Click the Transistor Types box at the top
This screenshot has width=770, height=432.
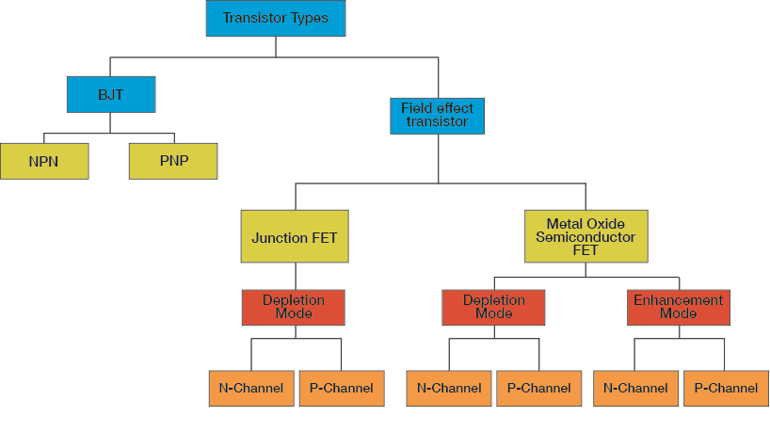pyautogui.click(x=276, y=18)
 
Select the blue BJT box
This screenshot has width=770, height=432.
pyautogui.click(x=111, y=94)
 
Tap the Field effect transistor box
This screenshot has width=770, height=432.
pyautogui.click(x=437, y=115)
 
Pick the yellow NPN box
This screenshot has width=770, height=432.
pyautogui.click(x=44, y=161)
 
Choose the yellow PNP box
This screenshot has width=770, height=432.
pyautogui.click(x=173, y=161)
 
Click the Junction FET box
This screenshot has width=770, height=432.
pyautogui.click(x=295, y=238)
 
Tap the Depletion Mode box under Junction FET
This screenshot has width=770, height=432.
pyautogui.click(x=294, y=307)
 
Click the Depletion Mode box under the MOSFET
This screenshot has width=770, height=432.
pyautogui.click(x=493, y=307)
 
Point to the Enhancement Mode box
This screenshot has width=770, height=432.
pyautogui.click(x=678, y=307)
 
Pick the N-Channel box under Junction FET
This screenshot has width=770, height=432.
pyautogui.click(x=251, y=388)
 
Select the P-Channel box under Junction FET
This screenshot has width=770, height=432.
pyautogui.click(x=341, y=388)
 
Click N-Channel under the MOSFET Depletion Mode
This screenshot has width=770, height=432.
pyautogui.click(x=449, y=388)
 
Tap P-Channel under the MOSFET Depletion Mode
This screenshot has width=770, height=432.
pyautogui.click(x=538, y=388)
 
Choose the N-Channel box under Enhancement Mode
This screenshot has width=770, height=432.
pyautogui.click(x=635, y=388)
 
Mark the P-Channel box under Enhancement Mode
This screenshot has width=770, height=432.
pyautogui.click(x=725, y=388)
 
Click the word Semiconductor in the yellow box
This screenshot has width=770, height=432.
pyautogui.click(x=585, y=237)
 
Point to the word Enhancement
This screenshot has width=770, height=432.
pyautogui.click(x=678, y=300)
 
